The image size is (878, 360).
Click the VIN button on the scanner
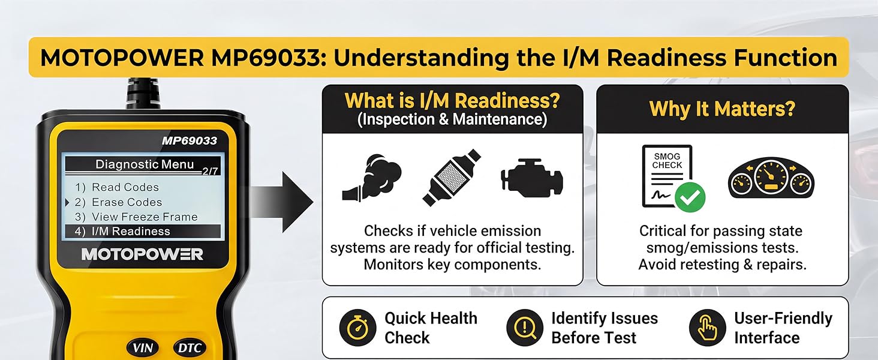[x=143, y=347]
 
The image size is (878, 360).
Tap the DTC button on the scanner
[x=190, y=347]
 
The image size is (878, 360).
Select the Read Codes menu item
[x=125, y=187]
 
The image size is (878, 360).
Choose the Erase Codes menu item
[x=127, y=202]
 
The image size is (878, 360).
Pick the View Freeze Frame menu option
[x=144, y=217]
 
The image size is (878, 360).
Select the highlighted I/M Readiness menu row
[x=143, y=231]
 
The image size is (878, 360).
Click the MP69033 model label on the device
[x=189, y=141]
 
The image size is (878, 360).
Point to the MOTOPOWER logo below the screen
[x=142, y=254]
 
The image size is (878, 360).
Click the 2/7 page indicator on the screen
[x=210, y=171]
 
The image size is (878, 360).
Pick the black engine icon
[x=531, y=177]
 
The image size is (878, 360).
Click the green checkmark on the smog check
[x=690, y=197]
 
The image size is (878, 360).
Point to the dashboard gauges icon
[x=771, y=179]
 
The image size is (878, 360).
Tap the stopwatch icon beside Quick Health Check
[x=357, y=328]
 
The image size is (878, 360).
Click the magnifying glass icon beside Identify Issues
[x=525, y=328]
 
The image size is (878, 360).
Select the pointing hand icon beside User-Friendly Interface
[x=708, y=328]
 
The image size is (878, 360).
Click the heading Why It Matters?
[x=722, y=109]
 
